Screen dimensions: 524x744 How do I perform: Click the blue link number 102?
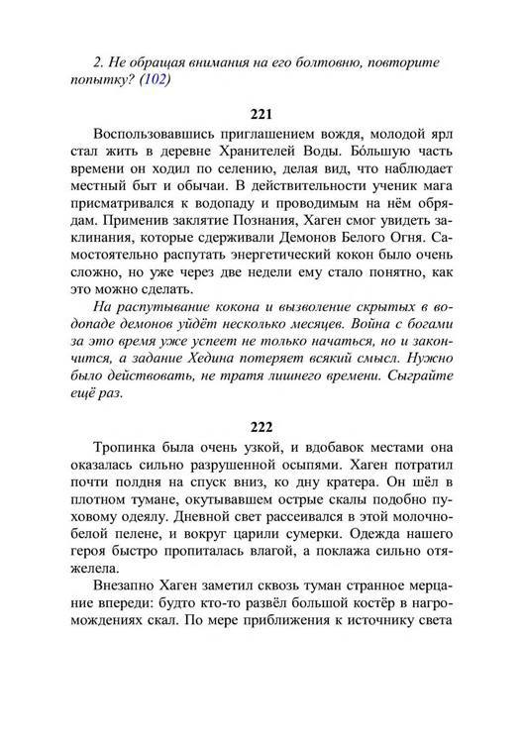tap(154, 81)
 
